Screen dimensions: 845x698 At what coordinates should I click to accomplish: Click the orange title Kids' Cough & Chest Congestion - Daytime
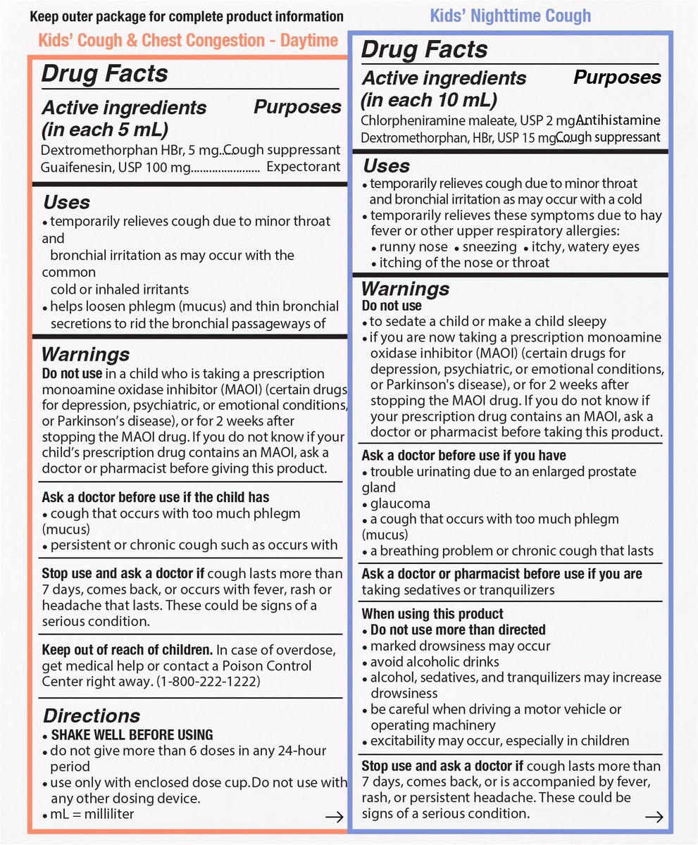click(188, 40)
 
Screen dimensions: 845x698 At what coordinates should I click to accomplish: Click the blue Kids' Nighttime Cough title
click(510, 15)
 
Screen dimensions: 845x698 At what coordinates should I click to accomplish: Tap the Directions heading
click(92, 716)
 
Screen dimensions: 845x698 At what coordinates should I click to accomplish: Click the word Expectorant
click(304, 167)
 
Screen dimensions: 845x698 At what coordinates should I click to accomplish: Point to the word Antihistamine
click(621, 120)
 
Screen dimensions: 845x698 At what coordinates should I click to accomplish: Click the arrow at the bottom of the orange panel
click(335, 817)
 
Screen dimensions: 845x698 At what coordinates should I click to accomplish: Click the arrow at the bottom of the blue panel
click(654, 816)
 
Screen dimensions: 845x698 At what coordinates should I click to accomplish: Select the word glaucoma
click(400, 503)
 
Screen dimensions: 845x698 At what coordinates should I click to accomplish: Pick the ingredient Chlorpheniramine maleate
click(426, 121)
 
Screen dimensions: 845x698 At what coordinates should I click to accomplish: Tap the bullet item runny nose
click(413, 246)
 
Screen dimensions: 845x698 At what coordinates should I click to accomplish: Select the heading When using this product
click(432, 614)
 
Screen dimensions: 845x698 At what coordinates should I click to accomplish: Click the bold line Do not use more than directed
click(458, 630)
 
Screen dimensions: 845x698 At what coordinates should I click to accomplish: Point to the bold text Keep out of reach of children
click(127, 649)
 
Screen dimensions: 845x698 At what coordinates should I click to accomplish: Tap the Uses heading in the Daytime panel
click(67, 203)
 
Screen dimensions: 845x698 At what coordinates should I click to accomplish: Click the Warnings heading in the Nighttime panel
click(405, 289)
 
